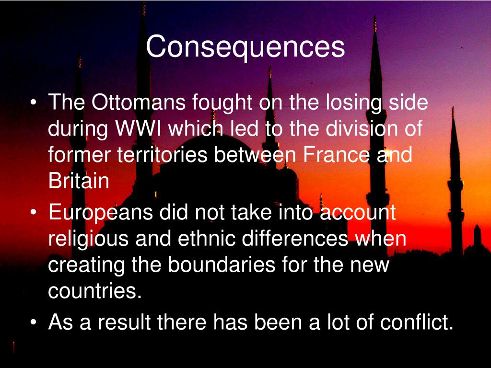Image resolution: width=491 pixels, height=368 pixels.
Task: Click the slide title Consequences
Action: click(x=245, y=47)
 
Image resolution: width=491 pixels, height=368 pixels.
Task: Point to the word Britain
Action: click(x=79, y=181)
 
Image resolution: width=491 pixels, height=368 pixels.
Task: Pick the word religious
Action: click(x=88, y=239)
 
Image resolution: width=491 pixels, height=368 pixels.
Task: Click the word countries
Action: click(x=94, y=291)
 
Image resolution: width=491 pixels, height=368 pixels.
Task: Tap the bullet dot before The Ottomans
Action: click(x=33, y=103)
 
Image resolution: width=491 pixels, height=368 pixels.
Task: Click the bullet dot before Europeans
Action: click(x=33, y=213)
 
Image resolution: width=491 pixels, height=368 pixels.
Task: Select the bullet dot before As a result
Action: click(x=33, y=323)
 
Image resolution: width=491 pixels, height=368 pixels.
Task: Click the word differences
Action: click(x=295, y=239)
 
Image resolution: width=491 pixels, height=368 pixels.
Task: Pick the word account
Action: click(x=358, y=213)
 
